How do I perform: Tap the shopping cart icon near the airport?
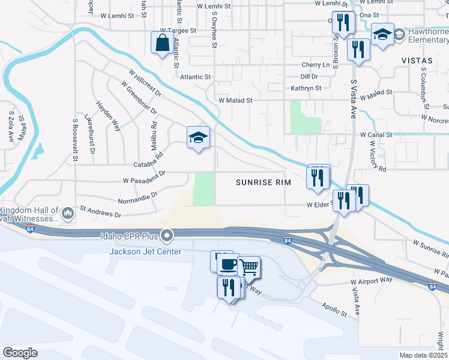click(249, 267)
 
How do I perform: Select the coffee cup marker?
click(227, 265)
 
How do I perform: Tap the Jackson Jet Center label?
click(145, 251)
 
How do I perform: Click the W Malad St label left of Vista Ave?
click(236, 101)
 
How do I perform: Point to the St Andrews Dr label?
click(100, 212)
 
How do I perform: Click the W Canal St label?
click(376, 135)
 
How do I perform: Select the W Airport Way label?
click(372, 280)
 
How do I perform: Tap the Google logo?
click(20, 352)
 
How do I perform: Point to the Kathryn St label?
click(306, 88)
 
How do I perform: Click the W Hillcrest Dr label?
click(145, 82)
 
